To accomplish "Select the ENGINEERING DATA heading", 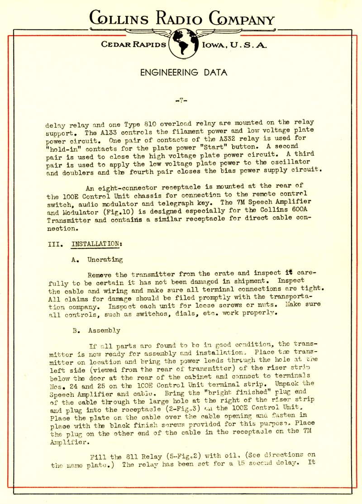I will pyautogui.click(x=184, y=72).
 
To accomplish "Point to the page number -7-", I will pyautogui.click(x=181, y=100).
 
